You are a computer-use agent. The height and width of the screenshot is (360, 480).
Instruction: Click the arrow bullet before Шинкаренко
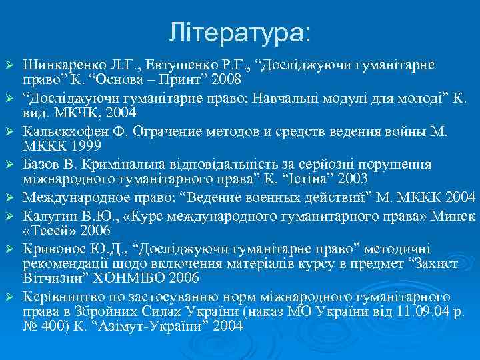9,65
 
